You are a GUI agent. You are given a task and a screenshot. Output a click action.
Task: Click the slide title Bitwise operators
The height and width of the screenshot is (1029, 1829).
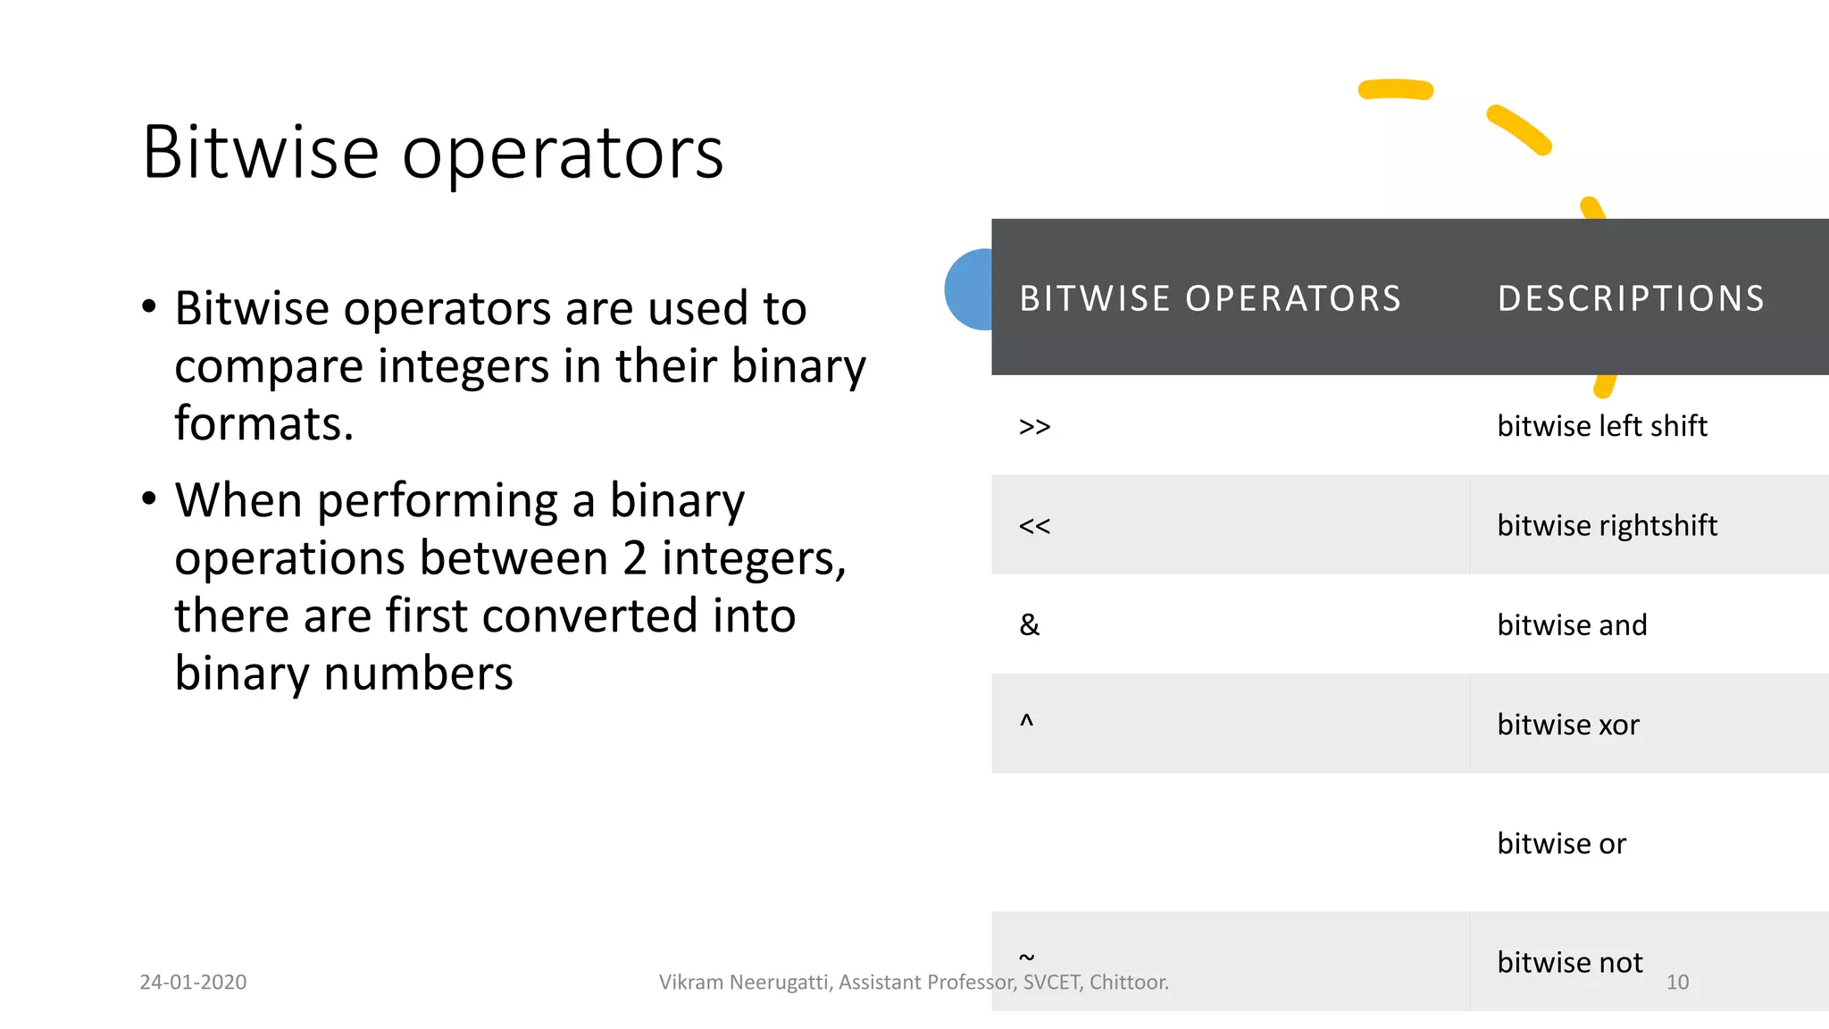(x=432, y=153)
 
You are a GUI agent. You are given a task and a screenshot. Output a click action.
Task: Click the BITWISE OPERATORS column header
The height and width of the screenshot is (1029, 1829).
(x=1210, y=298)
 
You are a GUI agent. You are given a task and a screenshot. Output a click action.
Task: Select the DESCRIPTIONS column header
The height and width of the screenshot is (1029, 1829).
(x=1631, y=298)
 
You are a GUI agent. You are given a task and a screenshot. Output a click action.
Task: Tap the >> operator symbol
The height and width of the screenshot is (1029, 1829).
(x=1034, y=427)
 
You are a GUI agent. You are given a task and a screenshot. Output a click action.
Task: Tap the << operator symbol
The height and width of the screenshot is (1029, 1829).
(x=1034, y=526)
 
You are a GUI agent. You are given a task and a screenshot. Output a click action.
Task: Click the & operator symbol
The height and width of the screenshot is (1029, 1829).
(x=1029, y=624)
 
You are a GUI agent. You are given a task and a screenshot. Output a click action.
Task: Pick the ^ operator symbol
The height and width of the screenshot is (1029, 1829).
(x=1026, y=720)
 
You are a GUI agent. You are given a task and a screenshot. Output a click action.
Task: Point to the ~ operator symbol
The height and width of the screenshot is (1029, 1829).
(x=1027, y=957)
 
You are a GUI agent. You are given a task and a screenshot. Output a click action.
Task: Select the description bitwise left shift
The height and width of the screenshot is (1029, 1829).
(x=1601, y=426)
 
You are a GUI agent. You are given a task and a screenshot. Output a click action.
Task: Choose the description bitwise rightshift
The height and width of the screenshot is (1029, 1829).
(x=1607, y=525)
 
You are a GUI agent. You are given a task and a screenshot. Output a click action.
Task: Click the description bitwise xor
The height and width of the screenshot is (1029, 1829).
(x=1568, y=724)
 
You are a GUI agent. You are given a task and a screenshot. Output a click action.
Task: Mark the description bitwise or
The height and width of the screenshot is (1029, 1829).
(x=1561, y=843)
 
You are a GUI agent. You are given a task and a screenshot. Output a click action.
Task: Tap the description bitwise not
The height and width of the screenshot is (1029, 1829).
(x=1569, y=962)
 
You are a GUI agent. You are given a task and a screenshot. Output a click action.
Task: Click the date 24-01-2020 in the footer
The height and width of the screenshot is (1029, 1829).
(x=193, y=982)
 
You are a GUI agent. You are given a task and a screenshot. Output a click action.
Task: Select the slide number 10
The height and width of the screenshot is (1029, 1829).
(x=1677, y=982)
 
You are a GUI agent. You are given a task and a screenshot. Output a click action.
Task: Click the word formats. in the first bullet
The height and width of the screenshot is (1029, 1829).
(x=263, y=423)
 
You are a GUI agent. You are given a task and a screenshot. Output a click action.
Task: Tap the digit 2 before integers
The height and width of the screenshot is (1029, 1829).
(x=634, y=558)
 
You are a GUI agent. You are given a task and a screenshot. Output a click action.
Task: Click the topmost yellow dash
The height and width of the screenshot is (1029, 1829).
(x=1395, y=89)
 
